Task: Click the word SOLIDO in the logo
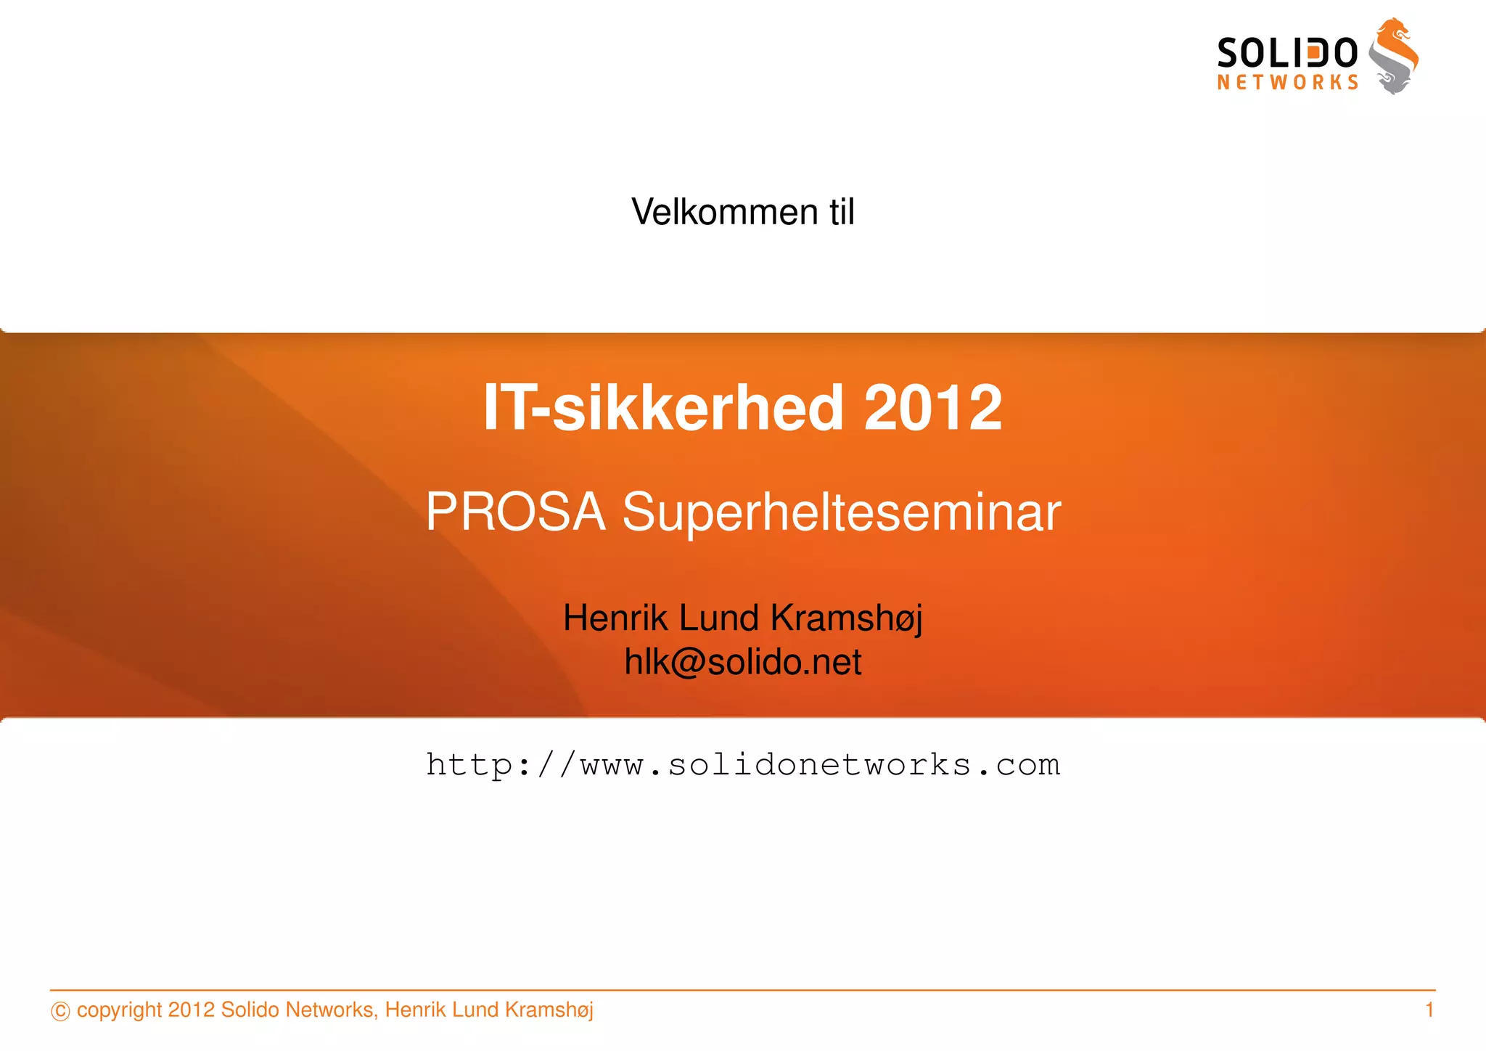tap(1286, 54)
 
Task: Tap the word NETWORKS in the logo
tap(1287, 83)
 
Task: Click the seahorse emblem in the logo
tap(1394, 57)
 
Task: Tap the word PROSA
tap(515, 512)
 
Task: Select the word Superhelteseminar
tap(842, 512)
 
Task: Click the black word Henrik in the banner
tap(615, 618)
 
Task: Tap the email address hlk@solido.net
tap(743, 662)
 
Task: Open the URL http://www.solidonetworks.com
tap(743, 765)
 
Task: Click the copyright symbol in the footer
tap(60, 1011)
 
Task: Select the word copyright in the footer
tap(119, 1010)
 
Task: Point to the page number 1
tap(1429, 1010)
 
